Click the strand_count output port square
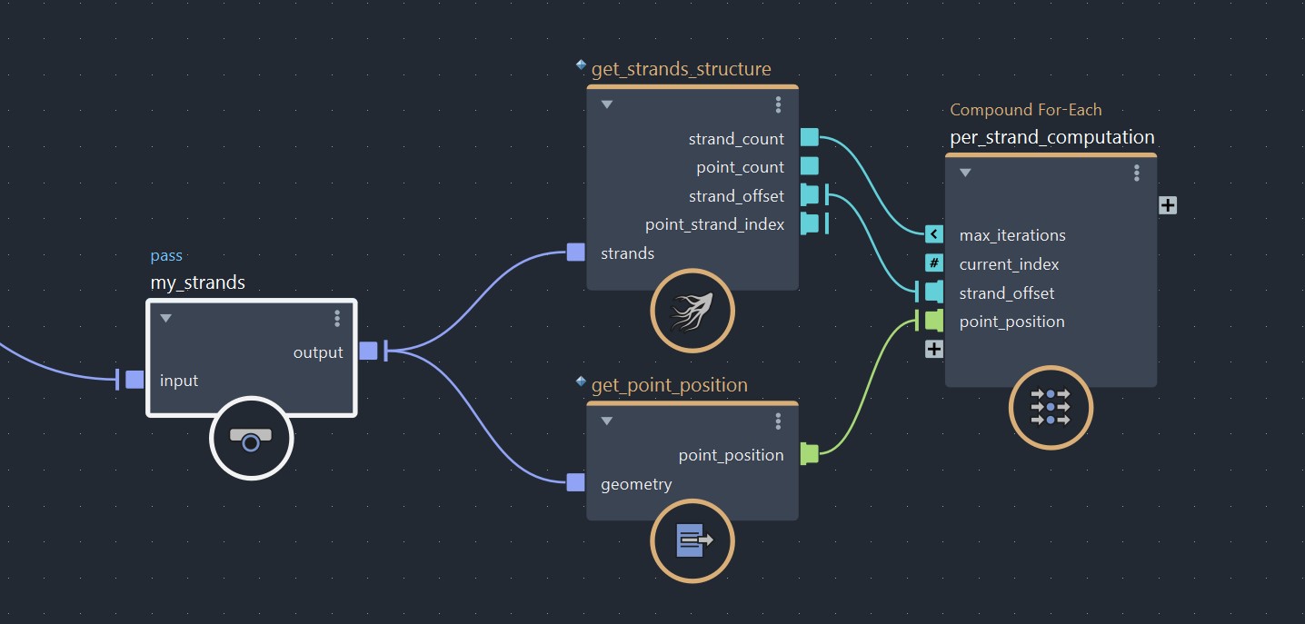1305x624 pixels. [x=810, y=138]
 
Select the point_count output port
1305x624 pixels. [x=810, y=166]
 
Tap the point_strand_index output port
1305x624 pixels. [x=810, y=223]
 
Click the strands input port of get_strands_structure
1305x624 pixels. [x=575, y=253]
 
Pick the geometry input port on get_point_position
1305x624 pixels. [x=575, y=482]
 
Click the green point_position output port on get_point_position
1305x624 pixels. [x=810, y=454]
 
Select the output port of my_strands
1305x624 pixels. [x=368, y=351]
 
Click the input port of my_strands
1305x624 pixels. [x=134, y=380]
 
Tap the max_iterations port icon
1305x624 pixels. [x=934, y=234]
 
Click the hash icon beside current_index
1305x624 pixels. [x=934, y=263]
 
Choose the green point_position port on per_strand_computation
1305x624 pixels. [x=934, y=321]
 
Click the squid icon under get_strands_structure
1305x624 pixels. [x=692, y=311]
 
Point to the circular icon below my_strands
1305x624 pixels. [x=252, y=438]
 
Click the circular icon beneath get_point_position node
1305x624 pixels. [x=692, y=540]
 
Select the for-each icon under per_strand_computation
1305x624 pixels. [x=1051, y=407]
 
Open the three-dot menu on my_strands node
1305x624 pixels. [x=337, y=318]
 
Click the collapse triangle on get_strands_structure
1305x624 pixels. [x=607, y=104]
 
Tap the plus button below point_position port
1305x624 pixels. [x=934, y=349]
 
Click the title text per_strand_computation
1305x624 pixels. [x=1052, y=137]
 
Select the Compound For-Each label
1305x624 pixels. [x=1025, y=110]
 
